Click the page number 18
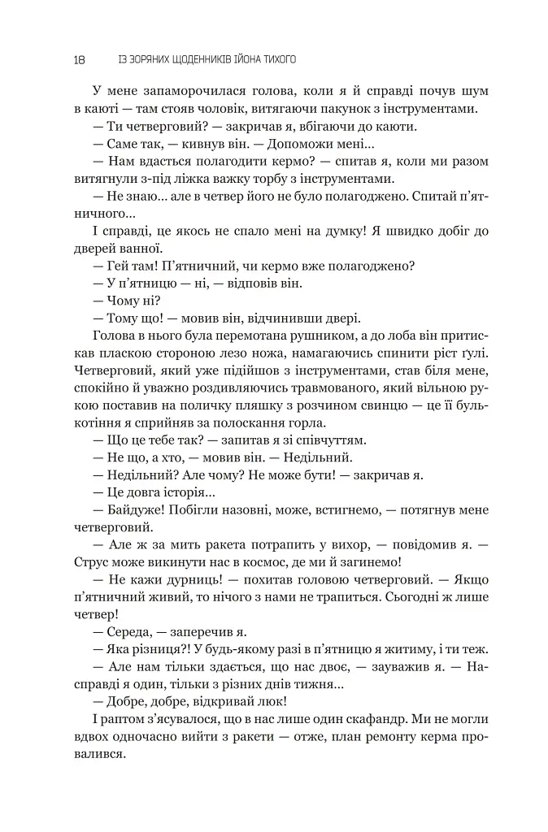(x=78, y=59)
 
